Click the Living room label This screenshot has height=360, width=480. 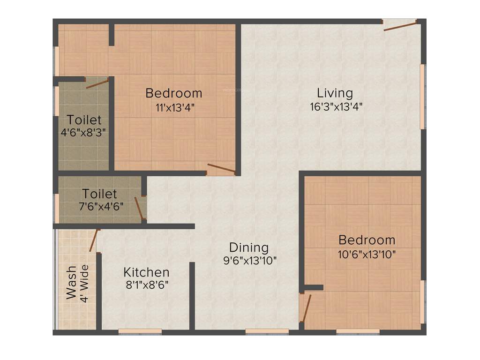335,92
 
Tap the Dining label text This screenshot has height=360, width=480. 249,247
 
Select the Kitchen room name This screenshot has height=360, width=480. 146,272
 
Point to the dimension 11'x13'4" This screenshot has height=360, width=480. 175,107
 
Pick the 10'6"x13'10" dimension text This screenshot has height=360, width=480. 367,254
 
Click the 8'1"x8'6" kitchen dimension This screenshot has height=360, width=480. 146,285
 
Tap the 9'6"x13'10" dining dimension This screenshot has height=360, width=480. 250,260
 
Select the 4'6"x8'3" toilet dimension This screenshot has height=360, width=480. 83,132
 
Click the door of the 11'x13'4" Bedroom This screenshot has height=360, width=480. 221,169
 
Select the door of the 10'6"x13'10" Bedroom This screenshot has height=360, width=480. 306,307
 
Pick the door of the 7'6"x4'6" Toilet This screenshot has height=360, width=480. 139,208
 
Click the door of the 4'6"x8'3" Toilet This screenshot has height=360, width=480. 97,84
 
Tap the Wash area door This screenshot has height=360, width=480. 94,240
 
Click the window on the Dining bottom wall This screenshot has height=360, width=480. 267,332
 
